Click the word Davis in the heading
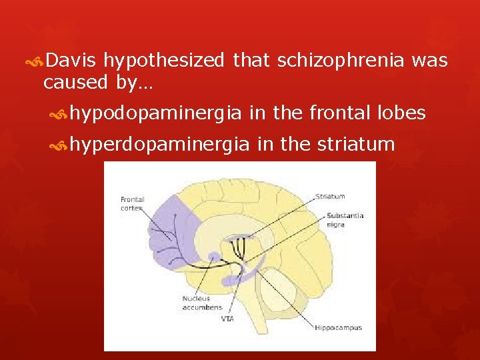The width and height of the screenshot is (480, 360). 72,61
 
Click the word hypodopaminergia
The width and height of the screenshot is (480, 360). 155,113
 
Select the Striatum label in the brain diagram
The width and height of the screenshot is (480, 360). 330,196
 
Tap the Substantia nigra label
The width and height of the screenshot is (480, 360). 345,220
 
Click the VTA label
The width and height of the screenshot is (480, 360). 227,319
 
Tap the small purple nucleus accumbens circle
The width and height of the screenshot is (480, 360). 214,257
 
